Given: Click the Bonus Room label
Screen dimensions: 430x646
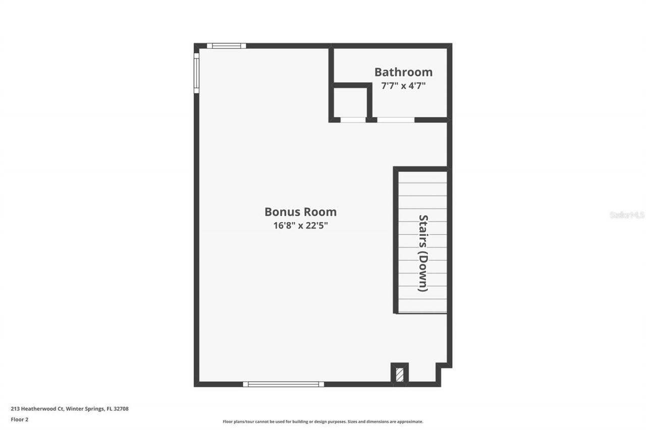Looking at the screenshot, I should pyautogui.click(x=300, y=212).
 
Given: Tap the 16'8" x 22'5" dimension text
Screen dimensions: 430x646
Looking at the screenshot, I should pyautogui.click(x=300, y=226).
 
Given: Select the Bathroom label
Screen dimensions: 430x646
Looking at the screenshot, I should pyautogui.click(x=403, y=72).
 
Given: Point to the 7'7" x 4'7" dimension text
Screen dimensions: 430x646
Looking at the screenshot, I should pyautogui.click(x=403, y=86).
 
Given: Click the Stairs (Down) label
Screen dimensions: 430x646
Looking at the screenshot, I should pyautogui.click(x=423, y=253).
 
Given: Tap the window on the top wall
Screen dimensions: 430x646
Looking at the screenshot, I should pyautogui.click(x=226, y=46).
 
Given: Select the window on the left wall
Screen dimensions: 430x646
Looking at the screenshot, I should pyautogui.click(x=196, y=73).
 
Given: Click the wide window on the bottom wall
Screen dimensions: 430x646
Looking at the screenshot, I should pyautogui.click(x=283, y=384).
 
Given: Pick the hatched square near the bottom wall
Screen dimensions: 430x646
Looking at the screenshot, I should pyautogui.click(x=400, y=375).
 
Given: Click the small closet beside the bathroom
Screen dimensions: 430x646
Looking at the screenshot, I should pyautogui.click(x=351, y=102).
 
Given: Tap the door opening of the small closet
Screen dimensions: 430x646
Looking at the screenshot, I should pyautogui.click(x=353, y=120).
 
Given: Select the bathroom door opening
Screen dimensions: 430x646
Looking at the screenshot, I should pyautogui.click(x=396, y=120).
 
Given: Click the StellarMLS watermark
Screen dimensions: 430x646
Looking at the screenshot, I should pyautogui.click(x=627, y=215).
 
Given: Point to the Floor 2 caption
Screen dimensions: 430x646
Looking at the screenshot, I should pyautogui.click(x=19, y=419).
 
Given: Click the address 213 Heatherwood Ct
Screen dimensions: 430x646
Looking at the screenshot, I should pyautogui.click(x=37, y=409).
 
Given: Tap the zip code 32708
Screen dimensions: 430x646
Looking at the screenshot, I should pyautogui.click(x=121, y=409).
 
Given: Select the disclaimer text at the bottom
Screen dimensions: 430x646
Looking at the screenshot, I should pyautogui.click(x=323, y=421).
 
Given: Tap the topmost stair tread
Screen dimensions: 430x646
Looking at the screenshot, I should pyautogui.click(x=422, y=177).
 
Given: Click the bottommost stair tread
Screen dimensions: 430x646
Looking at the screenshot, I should pyautogui.click(x=422, y=306).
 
